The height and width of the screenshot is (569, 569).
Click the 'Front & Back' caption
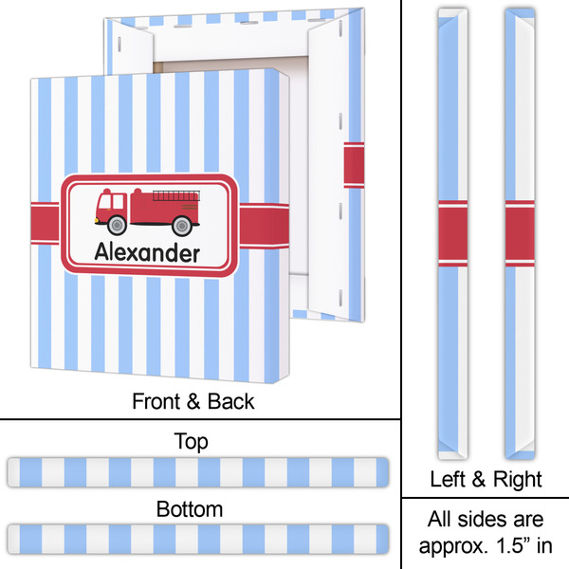click(192, 401)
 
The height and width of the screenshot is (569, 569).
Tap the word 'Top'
click(192, 441)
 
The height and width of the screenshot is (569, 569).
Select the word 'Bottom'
click(191, 509)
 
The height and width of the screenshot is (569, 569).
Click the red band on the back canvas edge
click(353, 165)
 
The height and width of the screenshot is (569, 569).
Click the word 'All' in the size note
click(439, 520)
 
